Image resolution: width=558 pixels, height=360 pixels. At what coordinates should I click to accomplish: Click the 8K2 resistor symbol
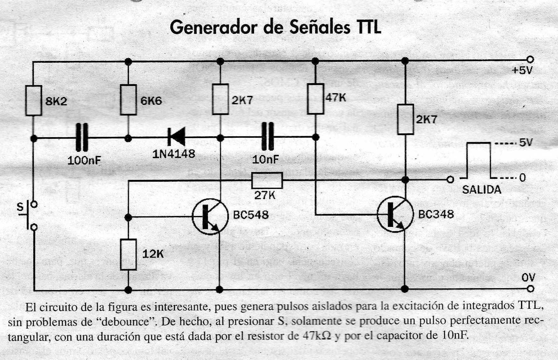(34, 101)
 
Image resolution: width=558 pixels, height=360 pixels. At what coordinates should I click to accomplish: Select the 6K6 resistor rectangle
(128, 100)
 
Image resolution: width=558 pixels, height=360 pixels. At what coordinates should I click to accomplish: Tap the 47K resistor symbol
(316, 99)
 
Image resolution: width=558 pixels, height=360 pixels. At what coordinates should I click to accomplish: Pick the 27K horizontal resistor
(267, 180)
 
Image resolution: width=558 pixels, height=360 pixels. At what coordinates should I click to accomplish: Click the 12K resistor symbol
(128, 255)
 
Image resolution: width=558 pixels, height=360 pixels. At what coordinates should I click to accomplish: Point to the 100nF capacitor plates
(82, 137)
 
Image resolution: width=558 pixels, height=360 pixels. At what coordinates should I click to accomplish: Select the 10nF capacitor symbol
(268, 137)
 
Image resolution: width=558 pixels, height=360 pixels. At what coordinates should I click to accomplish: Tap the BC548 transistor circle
(210, 217)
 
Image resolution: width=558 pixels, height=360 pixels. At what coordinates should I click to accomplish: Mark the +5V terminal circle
(530, 59)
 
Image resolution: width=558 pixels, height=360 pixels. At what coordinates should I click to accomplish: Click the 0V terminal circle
(530, 288)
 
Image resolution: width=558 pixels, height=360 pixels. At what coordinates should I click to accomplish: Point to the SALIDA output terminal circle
(450, 180)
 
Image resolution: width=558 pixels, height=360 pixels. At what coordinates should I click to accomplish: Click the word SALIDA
(482, 190)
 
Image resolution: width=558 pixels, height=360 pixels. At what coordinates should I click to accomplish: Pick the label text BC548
(251, 215)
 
